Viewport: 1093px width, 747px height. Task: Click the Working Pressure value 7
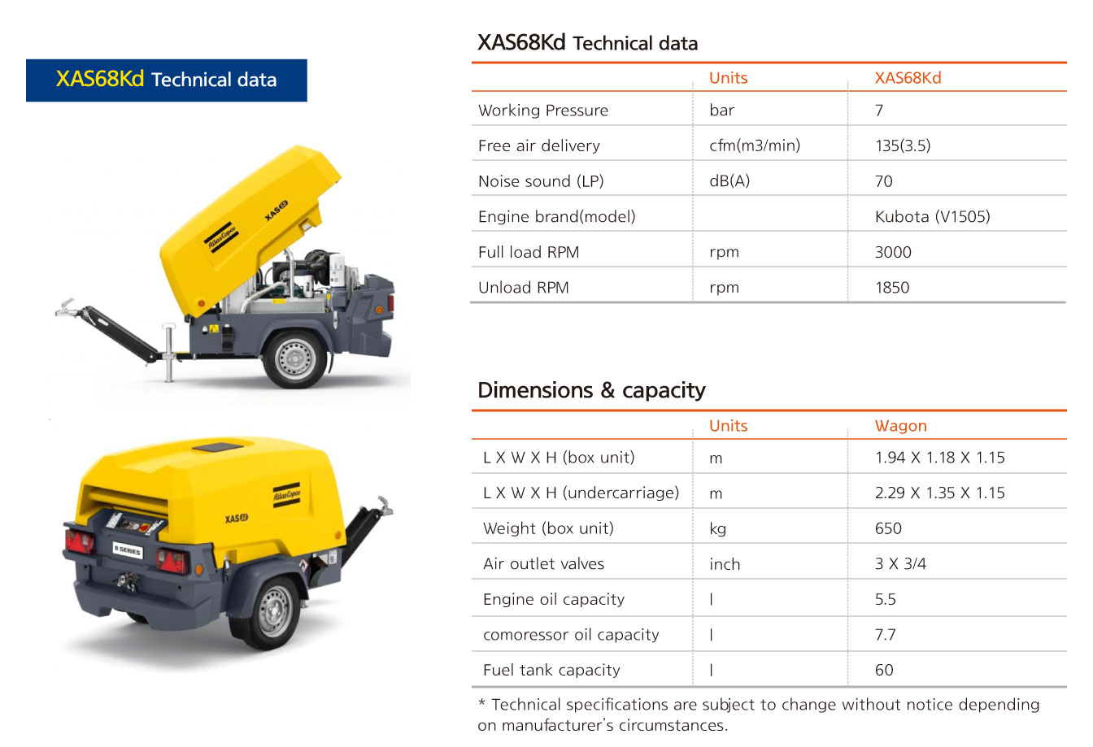[879, 111]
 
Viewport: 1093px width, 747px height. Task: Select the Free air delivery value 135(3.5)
[903, 145]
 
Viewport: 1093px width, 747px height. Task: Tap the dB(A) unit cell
[729, 181]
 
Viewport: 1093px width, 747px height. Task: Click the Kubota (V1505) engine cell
[933, 216]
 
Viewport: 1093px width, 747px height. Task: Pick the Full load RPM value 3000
[893, 252]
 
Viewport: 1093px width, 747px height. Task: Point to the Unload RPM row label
[524, 288]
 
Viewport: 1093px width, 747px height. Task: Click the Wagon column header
[901, 426]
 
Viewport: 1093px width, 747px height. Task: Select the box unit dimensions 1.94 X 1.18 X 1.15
[940, 458]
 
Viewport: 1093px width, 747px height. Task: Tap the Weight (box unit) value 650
[888, 528]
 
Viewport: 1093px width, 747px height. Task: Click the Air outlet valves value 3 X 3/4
[900, 563]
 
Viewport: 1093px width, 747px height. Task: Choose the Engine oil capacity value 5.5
[885, 599]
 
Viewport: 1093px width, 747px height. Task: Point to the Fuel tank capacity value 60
[884, 670]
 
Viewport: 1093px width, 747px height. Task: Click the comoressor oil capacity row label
[571, 635]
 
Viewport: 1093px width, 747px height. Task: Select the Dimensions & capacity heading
[591, 390]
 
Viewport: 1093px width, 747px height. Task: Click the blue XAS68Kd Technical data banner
[167, 80]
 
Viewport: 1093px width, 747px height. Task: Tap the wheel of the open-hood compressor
[295, 358]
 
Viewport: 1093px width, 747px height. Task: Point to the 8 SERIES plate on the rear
[128, 550]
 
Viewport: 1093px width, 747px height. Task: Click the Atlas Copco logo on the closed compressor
[286, 495]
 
